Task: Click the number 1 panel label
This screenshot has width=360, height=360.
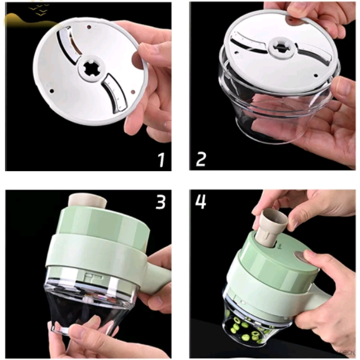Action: [162, 159]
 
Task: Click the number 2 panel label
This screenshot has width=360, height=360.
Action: [201, 159]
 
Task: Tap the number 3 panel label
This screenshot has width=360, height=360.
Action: [160, 201]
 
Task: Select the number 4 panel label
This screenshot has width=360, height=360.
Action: [201, 201]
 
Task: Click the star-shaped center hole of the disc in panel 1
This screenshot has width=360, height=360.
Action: [92, 69]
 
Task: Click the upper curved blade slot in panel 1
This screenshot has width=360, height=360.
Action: [69, 45]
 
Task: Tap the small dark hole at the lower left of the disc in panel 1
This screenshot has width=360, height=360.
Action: [52, 91]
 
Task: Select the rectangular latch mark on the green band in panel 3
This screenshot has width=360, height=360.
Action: [93, 277]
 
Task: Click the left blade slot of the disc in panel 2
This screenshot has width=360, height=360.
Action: [249, 42]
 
